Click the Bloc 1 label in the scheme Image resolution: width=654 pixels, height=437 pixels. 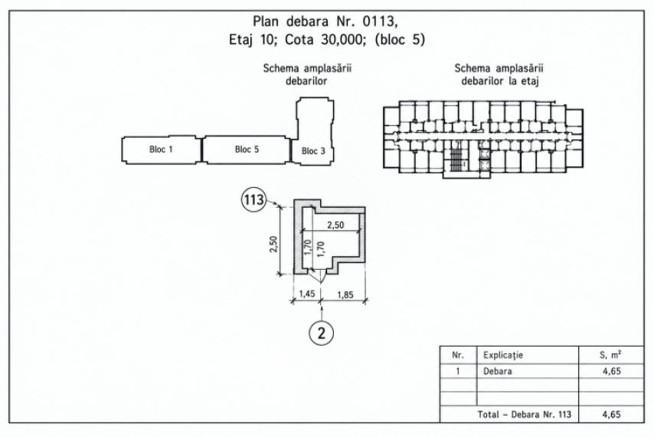(x=161, y=149)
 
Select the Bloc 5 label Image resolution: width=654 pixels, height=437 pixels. (x=247, y=149)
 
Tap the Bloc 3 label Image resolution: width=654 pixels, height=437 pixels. (x=313, y=151)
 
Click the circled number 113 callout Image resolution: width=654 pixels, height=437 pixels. (x=254, y=199)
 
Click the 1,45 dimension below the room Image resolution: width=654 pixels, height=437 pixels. (x=307, y=294)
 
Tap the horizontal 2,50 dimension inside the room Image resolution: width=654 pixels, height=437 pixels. (x=335, y=225)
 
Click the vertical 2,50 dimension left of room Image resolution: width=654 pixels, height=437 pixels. (x=273, y=244)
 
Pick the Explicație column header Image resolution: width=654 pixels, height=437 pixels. (x=503, y=355)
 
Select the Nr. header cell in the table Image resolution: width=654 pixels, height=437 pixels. (x=458, y=355)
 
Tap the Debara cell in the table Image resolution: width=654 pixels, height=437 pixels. (x=498, y=371)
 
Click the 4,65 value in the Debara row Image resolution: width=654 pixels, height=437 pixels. (x=612, y=371)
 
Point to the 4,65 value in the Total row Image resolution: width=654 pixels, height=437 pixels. (x=612, y=415)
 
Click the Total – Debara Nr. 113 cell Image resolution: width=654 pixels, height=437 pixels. (x=525, y=415)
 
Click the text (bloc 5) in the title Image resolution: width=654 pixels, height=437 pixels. (x=400, y=40)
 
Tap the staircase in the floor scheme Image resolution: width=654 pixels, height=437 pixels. (x=457, y=156)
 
